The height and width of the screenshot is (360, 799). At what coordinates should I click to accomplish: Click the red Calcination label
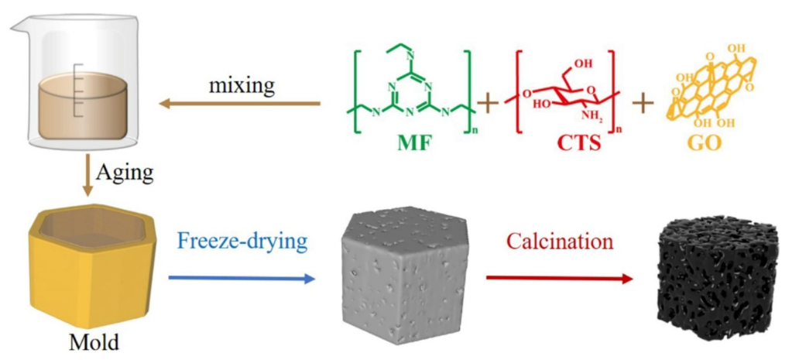coord(560,241)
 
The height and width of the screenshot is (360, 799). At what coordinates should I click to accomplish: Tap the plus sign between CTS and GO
coord(643,101)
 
